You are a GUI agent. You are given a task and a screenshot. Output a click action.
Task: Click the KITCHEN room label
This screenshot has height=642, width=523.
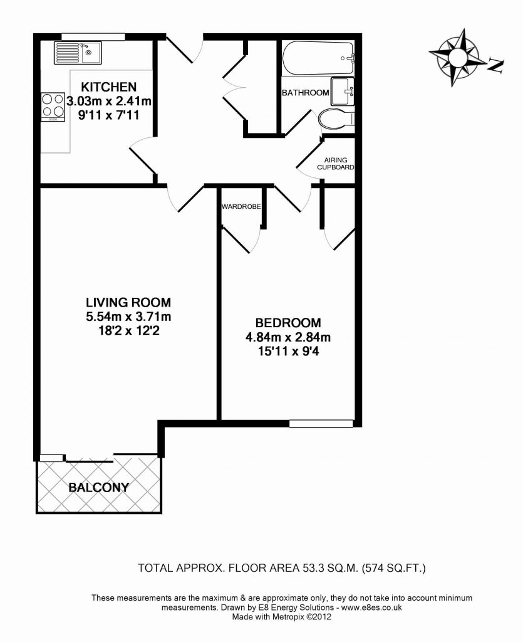[108, 87]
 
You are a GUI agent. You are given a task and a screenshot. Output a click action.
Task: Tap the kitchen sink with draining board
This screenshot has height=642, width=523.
[77, 53]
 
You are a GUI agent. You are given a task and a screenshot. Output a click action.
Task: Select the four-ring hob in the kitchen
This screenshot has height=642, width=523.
[53, 107]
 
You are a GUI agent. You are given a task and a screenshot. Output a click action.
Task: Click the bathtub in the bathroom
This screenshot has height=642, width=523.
[318, 58]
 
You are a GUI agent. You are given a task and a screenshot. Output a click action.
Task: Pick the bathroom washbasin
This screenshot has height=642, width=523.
[342, 92]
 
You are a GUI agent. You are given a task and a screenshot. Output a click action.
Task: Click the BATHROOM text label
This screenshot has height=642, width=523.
[306, 93]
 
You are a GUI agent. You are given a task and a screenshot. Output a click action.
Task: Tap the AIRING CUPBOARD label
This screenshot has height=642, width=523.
[335, 164]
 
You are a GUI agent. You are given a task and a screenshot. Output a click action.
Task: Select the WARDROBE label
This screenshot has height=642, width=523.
[241, 207]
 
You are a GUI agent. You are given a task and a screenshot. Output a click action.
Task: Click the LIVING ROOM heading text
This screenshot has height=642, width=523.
[128, 303]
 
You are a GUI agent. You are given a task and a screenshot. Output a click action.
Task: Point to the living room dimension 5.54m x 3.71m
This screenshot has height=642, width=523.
[128, 317]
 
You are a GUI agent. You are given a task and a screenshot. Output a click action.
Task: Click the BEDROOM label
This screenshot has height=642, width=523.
[288, 323]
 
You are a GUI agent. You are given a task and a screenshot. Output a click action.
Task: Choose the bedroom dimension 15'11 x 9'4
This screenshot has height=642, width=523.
[288, 351]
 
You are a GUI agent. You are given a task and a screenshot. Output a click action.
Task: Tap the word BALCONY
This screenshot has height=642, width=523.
[98, 487]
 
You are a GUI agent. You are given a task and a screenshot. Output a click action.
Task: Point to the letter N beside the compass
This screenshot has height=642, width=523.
[495, 65]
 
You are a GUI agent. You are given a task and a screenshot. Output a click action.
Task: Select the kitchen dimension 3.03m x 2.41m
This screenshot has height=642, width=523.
[109, 101]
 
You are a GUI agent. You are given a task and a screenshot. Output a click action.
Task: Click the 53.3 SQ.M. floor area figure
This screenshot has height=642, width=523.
[331, 568]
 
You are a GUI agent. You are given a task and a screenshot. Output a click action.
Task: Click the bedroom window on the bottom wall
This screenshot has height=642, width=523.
[321, 424]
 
